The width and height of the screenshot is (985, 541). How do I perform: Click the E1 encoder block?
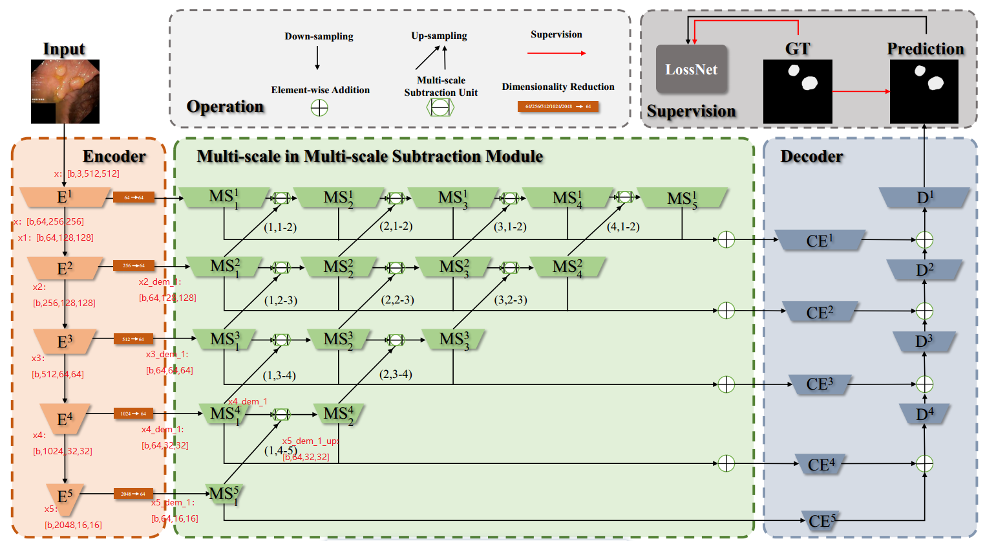pyautogui.click(x=64, y=197)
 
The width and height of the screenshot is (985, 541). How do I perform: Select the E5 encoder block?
pyautogui.click(x=65, y=497)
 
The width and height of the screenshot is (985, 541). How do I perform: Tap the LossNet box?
pyautogui.click(x=692, y=69)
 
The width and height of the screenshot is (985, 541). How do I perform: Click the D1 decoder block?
pyautogui.click(x=924, y=197)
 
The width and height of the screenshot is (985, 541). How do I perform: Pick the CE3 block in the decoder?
pyautogui.click(x=820, y=384)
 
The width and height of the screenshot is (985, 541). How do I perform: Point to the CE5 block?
pyautogui.click(x=821, y=521)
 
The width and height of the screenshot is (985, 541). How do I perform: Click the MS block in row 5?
pyautogui.click(x=224, y=494)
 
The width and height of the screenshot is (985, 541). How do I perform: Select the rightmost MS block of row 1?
pyautogui.click(x=682, y=198)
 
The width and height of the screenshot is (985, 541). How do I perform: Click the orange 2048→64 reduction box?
pyautogui.click(x=133, y=494)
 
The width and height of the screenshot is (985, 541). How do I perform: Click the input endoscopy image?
pyautogui.click(x=65, y=91)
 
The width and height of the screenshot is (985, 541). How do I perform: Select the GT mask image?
pyautogui.click(x=798, y=91)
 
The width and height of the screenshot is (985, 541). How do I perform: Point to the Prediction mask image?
pyautogui.click(x=924, y=91)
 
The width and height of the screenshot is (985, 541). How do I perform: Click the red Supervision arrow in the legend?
pyautogui.click(x=556, y=53)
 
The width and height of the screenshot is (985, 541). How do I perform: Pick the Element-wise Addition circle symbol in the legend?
pyautogui.click(x=319, y=107)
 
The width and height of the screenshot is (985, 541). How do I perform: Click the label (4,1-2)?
pyautogui.click(x=623, y=226)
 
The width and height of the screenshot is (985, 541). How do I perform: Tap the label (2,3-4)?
pyautogui.click(x=396, y=374)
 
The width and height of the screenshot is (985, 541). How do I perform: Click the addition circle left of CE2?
pyautogui.click(x=726, y=311)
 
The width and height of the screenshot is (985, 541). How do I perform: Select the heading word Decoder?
pyautogui.click(x=811, y=157)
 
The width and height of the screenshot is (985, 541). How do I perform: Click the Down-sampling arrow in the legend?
pyautogui.click(x=317, y=58)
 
